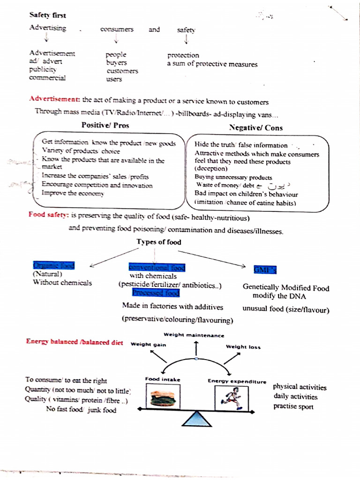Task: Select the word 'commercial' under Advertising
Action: [47, 78]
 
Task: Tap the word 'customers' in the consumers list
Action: [122, 71]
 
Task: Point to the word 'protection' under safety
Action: [183, 55]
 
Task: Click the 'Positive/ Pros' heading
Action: [105, 125]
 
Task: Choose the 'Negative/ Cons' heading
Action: [255, 127]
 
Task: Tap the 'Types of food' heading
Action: [158, 242]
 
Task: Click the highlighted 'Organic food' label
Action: [54, 265]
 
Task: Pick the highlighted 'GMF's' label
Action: [265, 270]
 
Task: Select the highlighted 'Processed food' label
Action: [156, 293]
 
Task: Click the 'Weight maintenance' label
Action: [194, 335]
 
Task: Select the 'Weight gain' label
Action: [148, 345]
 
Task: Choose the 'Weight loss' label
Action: [243, 347]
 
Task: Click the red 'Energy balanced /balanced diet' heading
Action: [75, 342]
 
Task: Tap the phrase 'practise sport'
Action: [293, 406]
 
